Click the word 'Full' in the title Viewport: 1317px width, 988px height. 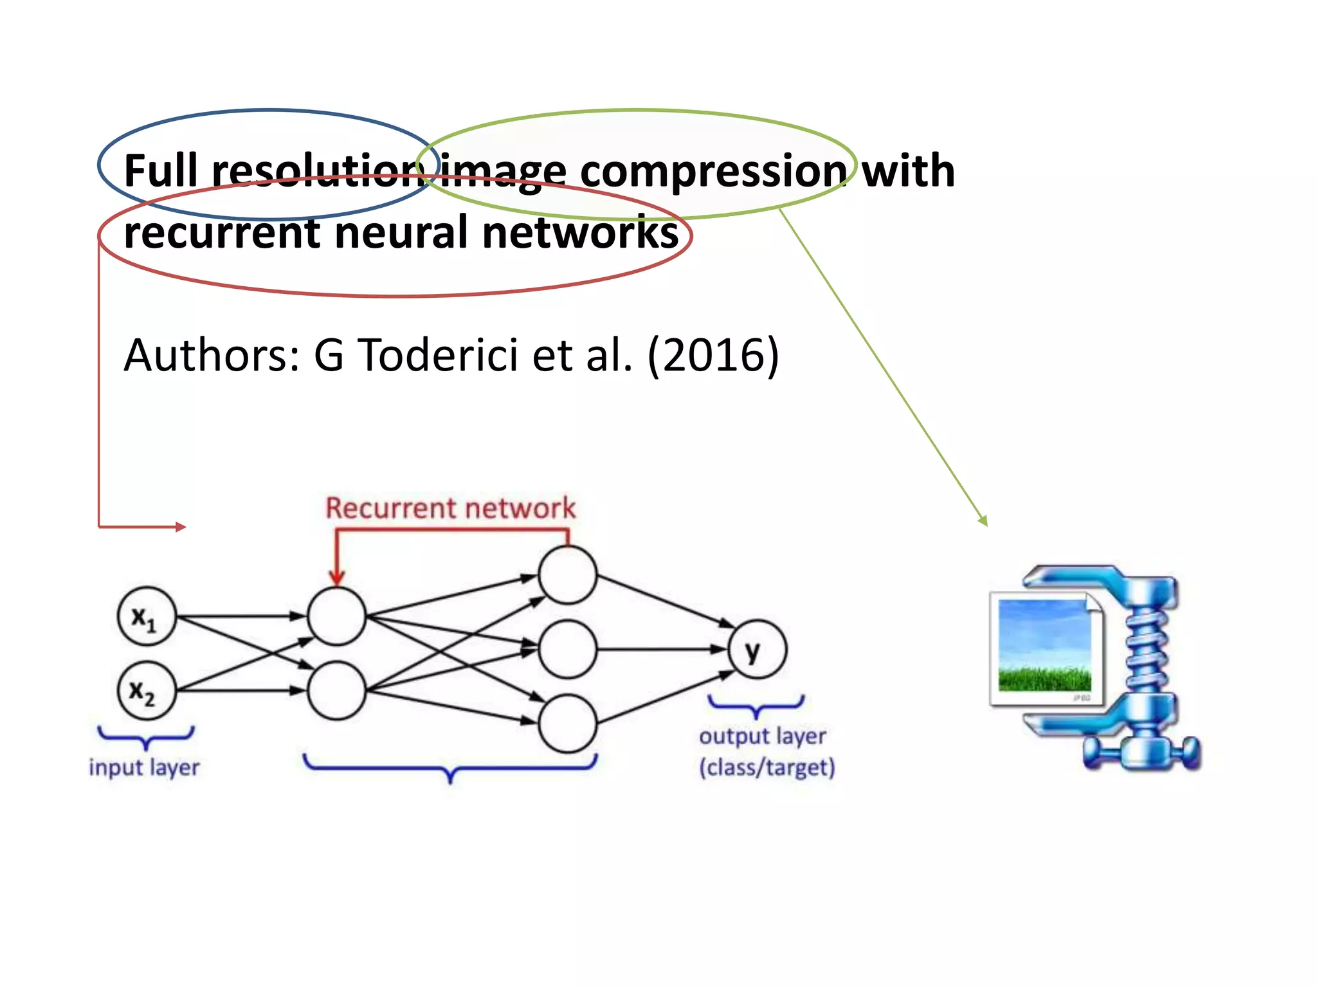point(160,171)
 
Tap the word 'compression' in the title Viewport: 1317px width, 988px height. point(714,172)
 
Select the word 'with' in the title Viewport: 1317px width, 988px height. point(908,171)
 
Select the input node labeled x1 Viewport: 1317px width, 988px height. point(147,616)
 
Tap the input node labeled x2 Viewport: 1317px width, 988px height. point(147,691)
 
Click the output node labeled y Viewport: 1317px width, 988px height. point(757,650)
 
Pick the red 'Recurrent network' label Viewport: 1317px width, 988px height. point(450,508)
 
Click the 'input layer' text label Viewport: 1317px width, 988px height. point(144,767)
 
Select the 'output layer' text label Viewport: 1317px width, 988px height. point(762,736)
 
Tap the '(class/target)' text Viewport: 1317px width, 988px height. point(767,767)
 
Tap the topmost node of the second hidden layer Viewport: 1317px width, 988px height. point(567,575)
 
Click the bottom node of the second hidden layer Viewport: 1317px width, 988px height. point(567,724)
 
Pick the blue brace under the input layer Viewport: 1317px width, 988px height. point(146,737)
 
